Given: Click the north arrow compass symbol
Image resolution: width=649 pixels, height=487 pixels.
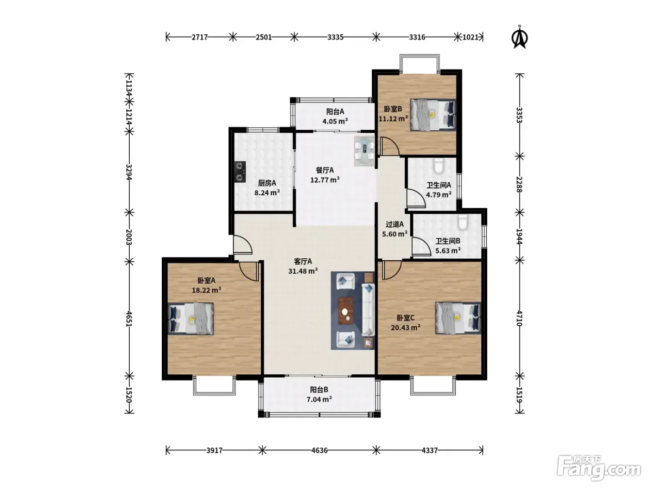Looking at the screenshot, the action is (x=520, y=38).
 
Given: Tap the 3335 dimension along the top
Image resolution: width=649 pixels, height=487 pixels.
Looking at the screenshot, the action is (x=335, y=37).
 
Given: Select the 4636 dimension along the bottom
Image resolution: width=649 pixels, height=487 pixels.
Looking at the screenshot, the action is (x=319, y=450).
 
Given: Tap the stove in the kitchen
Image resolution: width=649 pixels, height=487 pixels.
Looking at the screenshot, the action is (x=240, y=172).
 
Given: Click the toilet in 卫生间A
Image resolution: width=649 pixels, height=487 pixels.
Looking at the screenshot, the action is (x=438, y=166).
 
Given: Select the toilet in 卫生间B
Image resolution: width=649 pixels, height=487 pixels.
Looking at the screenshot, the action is (x=463, y=222).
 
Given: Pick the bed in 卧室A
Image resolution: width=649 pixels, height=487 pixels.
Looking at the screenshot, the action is (x=191, y=319).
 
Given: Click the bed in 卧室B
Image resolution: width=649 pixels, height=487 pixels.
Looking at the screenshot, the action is (x=433, y=115).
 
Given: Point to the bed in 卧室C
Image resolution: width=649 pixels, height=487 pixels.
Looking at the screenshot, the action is (x=458, y=318).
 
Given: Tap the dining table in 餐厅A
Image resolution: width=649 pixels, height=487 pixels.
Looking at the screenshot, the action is (x=364, y=151).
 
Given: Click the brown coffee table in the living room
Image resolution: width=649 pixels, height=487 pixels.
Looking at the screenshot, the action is (x=346, y=311).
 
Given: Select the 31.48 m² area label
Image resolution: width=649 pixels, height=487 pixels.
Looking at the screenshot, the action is (x=303, y=271).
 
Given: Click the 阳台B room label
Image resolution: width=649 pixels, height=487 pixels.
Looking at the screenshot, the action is (x=319, y=390).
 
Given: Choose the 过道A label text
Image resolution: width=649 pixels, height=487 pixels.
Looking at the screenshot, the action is (x=394, y=224).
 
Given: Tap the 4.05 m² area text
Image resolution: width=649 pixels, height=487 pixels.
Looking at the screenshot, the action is (x=335, y=121).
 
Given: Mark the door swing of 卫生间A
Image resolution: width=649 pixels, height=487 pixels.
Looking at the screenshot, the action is (x=416, y=198).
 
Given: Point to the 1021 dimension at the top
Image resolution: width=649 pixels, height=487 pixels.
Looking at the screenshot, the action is (x=470, y=37).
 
